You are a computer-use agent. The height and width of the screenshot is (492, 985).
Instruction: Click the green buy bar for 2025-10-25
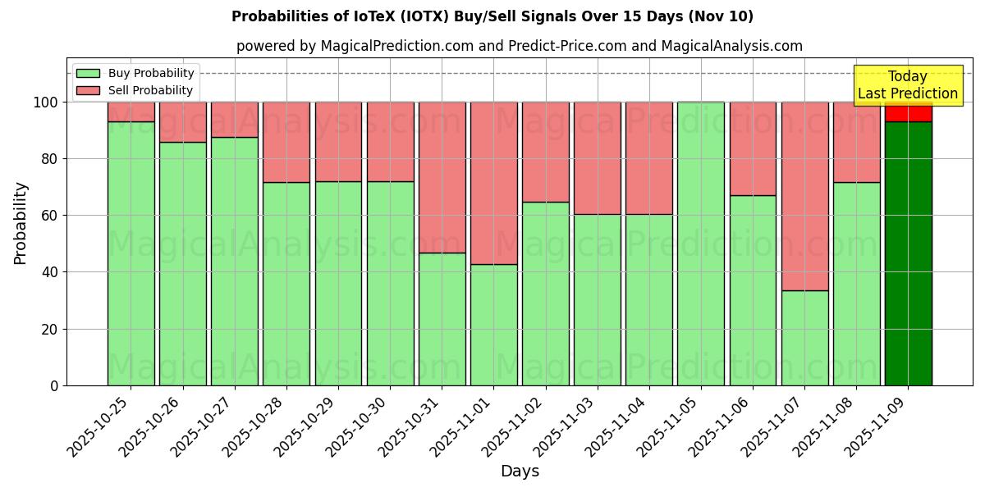coord(131,253)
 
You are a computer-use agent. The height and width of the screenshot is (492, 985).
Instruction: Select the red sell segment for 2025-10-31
coord(442,177)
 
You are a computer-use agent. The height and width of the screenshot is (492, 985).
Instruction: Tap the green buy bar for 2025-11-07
coord(804,338)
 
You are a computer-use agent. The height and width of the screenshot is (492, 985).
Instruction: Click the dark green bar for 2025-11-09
coord(908,253)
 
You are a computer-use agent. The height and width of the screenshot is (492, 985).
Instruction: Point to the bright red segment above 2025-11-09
coord(908,112)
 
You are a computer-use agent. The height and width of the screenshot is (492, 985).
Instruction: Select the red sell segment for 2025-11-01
coord(493,183)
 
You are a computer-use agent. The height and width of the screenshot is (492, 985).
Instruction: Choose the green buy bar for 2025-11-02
coord(545,294)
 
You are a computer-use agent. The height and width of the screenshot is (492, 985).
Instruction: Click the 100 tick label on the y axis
coord(46,102)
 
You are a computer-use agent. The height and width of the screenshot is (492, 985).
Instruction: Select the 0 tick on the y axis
coord(55,385)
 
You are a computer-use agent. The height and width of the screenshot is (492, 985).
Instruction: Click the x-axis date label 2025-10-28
coord(255,426)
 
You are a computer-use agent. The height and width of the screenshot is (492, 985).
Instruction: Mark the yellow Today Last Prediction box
coord(908,85)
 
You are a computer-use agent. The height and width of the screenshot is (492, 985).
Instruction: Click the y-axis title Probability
coord(21,223)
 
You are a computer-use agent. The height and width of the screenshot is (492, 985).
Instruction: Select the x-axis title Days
coord(520,471)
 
